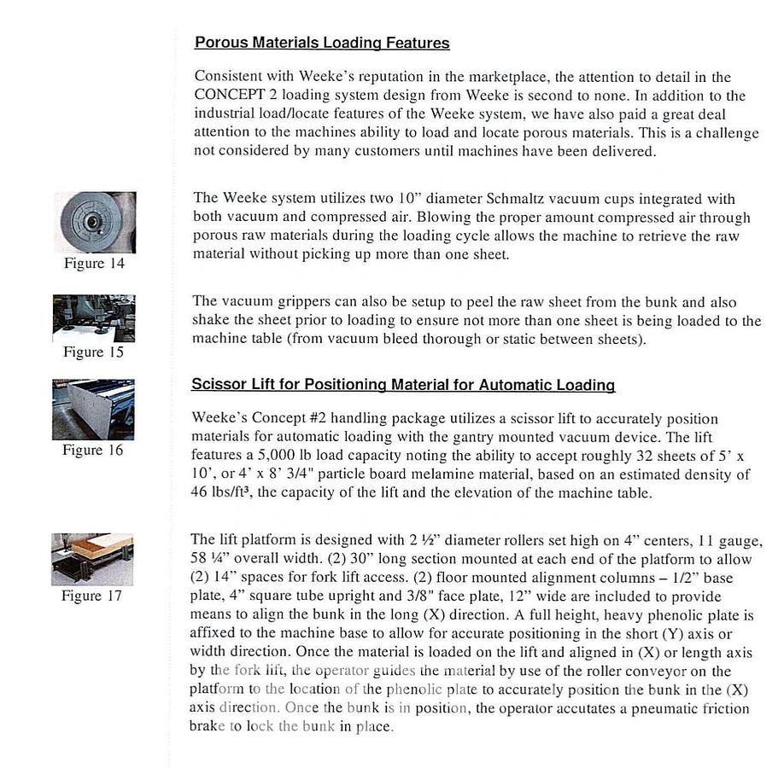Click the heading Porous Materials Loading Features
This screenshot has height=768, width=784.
tap(322, 43)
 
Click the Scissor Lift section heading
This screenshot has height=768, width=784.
tap(403, 385)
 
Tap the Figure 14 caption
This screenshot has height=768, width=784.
tap(94, 264)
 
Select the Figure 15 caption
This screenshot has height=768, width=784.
tap(94, 352)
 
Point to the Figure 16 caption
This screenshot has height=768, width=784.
tap(93, 451)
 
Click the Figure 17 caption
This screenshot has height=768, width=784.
tap(92, 596)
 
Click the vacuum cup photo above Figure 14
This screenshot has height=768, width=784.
tap(94, 222)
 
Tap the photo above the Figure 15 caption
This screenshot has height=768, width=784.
tap(94, 317)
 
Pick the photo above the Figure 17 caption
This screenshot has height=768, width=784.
tap(92, 559)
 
